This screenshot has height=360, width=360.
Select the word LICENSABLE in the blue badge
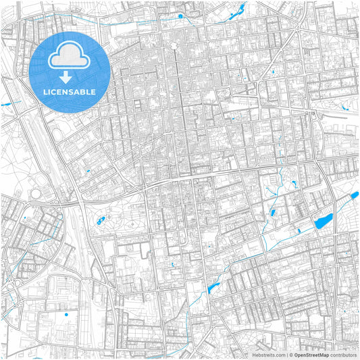[x=70, y=91]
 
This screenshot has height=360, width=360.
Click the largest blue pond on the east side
[x=322, y=221]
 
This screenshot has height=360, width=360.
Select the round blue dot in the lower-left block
[x=66, y=314]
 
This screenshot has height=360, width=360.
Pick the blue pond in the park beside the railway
[x=101, y=220]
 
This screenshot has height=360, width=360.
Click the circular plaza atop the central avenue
[x=174, y=46]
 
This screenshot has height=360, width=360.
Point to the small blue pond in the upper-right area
[x=273, y=72]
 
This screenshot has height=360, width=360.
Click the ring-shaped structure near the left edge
[x=35, y=195]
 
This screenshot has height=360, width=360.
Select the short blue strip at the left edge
[x=7, y=104]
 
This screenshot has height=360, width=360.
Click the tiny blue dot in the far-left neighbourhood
[x=25, y=218]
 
